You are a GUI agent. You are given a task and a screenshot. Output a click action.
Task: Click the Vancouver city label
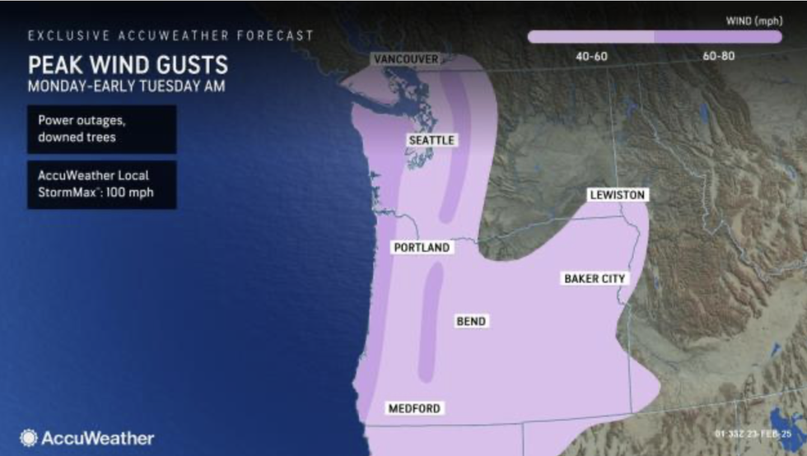[405, 59]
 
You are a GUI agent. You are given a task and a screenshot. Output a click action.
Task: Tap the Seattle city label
[431, 141]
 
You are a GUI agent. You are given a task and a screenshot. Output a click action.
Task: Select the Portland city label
[422, 247]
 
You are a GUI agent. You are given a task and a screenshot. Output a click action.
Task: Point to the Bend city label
[471, 321]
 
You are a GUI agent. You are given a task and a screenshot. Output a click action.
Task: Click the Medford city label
[414, 408]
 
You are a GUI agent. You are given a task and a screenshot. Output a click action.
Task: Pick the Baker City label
[595, 279]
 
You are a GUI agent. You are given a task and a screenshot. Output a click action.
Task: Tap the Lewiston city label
[618, 195]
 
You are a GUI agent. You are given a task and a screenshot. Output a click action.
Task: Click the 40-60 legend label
[589, 56]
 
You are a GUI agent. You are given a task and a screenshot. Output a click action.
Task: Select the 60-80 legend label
[718, 56]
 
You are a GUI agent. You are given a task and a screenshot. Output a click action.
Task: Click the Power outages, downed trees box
[101, 128]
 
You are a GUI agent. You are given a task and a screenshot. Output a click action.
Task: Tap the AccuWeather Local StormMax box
[101, 184]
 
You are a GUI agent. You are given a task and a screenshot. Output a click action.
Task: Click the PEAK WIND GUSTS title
[128, 64]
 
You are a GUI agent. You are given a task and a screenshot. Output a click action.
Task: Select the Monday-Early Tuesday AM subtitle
[128, 85]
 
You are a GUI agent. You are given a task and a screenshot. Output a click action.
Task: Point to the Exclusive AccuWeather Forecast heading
[170, 35]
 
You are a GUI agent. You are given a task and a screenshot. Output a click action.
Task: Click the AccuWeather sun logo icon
[29, 438]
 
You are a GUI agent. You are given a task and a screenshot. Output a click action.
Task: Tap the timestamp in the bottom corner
[757, 433]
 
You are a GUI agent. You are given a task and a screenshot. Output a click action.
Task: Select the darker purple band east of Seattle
[455, 148]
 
